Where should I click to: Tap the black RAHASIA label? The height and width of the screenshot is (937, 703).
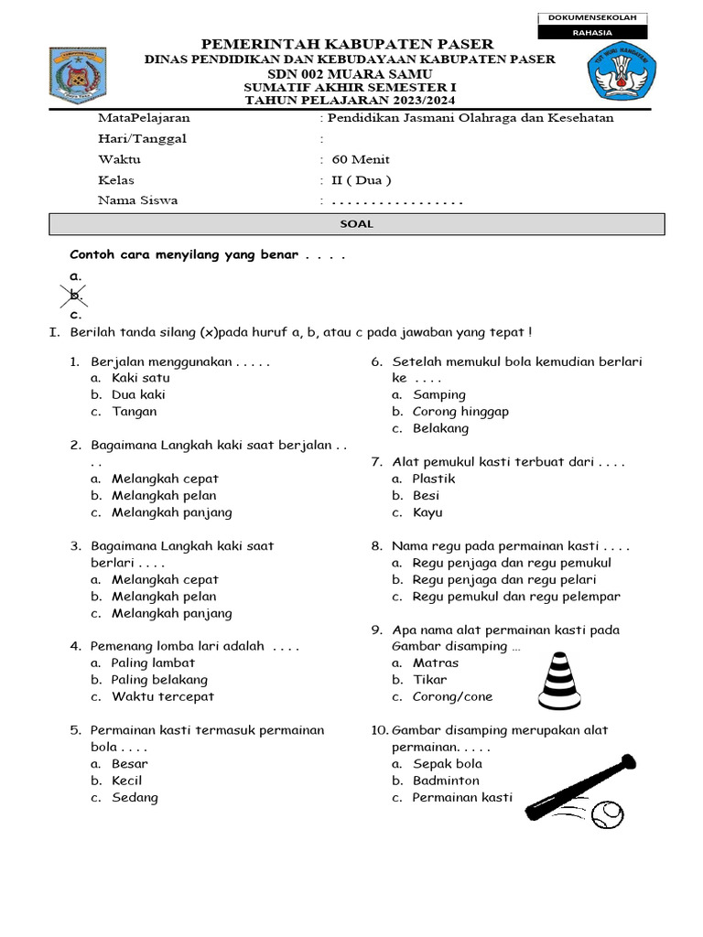pyautogui.click(x=594, y=33)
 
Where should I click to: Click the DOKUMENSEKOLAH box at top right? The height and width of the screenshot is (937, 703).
pyautogui.click(x=594, y=18)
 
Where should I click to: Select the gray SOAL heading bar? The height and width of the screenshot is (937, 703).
pyautogui.click(x=356, y=224)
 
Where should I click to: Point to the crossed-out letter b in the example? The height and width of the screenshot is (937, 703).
pyautogui.click(x=75, y=296)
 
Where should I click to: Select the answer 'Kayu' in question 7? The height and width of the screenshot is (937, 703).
pyautogui.click(x=427, y=512)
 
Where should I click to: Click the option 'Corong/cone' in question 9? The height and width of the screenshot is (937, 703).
pyautogui.click(x=452, y=696)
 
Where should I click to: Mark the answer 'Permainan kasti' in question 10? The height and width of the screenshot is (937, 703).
pyautogui.click(x=462, y=797)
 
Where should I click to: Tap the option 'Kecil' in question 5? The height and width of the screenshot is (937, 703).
pyautogui.click(x=126, y=781)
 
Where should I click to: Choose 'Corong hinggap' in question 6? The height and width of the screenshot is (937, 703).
pyautogui.click(x=460, y=411)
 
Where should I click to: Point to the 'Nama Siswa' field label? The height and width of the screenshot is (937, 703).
pyautogui.click(x=137, y=199)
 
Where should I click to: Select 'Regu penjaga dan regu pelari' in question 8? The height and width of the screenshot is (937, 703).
pyautogui.click(x=504, y=579)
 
